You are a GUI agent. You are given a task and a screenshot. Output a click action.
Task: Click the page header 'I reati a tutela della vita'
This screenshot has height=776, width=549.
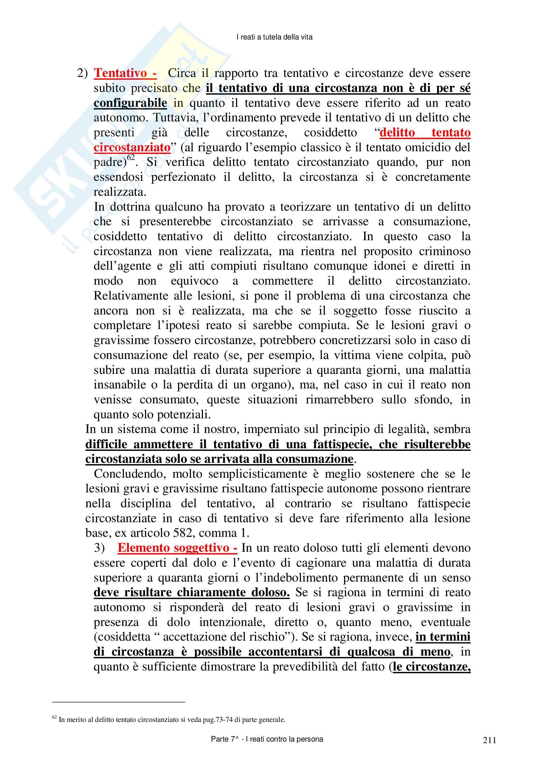tap(274, 37)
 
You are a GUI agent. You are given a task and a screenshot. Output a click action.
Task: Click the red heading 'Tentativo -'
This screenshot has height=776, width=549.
tap(125, 73)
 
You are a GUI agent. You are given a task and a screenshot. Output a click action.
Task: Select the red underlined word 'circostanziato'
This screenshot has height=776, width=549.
tap(132, 147)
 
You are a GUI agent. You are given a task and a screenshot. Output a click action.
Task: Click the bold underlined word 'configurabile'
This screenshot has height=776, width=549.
tap(130, 103)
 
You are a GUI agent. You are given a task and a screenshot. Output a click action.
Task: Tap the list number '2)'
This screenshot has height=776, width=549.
tap(83, 73)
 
